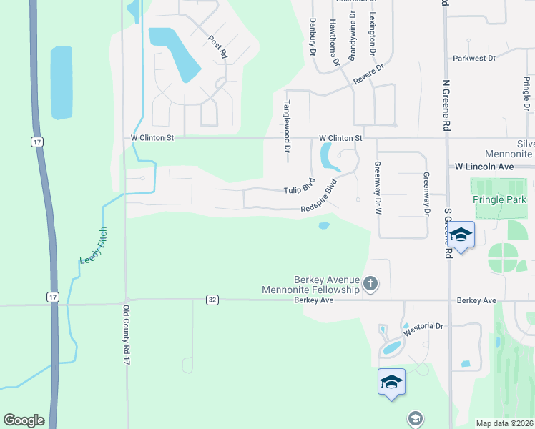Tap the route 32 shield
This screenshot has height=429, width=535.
tap(212, 299)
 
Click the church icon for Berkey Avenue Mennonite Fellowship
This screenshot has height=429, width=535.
tap(370, 284)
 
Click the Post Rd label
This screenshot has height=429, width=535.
tap(217, 46)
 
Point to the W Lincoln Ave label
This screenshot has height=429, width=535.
tap(485, 166)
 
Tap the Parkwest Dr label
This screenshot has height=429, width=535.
tap(474, 58)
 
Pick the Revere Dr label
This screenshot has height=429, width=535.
tap(369, 76)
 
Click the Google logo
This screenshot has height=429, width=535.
tap(24, 420)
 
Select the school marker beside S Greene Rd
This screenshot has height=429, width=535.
tap(461, 235)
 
